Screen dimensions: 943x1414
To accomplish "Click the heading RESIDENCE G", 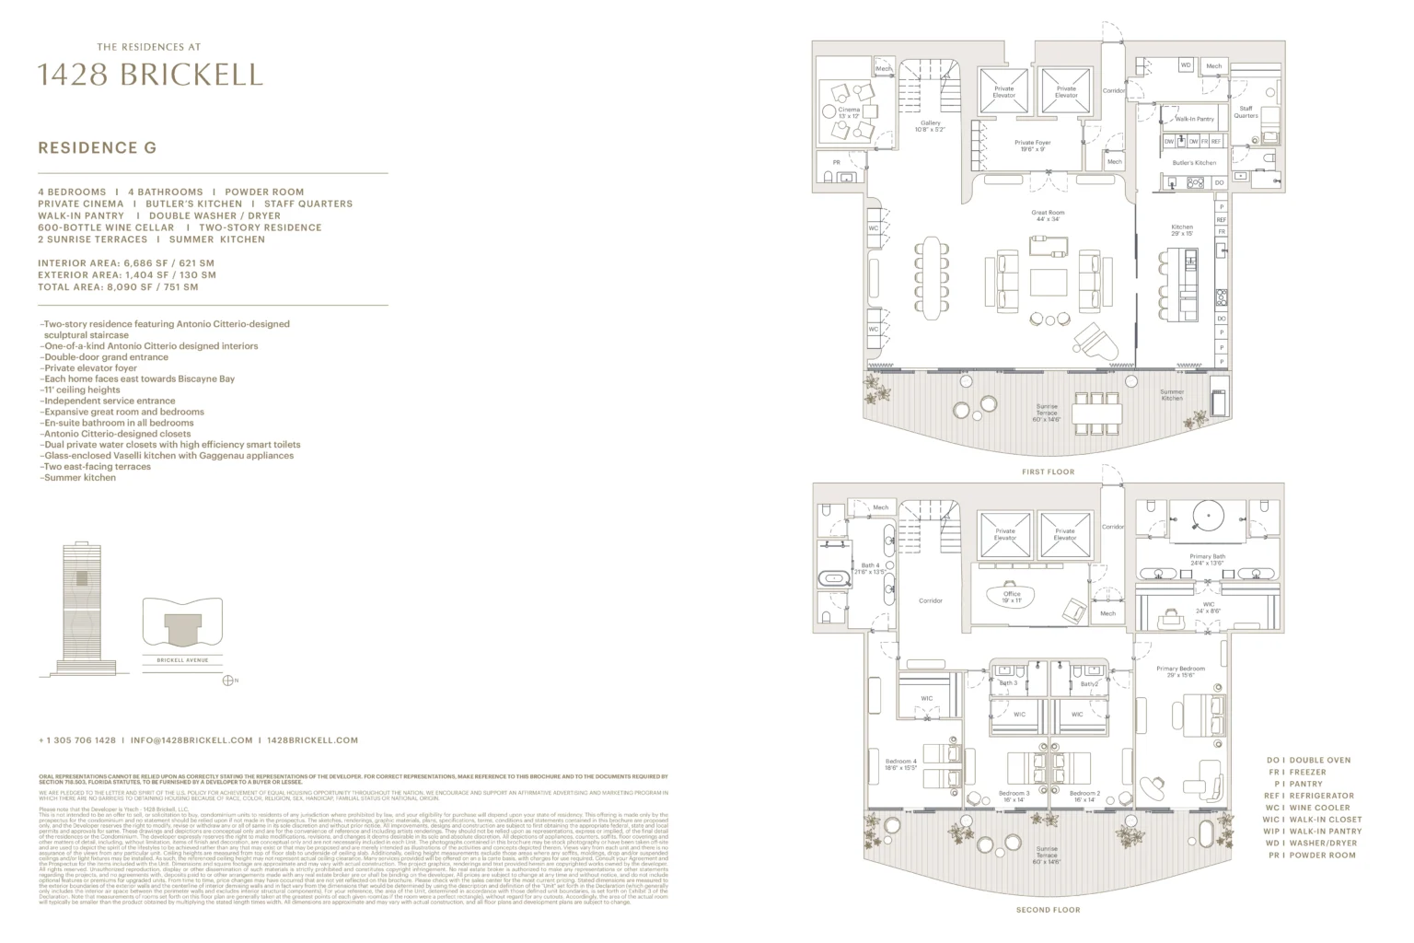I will point(97,147).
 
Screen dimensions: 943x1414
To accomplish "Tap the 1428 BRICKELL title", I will point(150,75).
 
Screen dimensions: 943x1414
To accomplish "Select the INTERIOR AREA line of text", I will point(125,263).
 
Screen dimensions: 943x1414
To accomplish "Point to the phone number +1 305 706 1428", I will point(77,739).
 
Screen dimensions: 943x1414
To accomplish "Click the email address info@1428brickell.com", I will point(191,739).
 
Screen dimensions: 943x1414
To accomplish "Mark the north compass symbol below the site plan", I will point(228,681).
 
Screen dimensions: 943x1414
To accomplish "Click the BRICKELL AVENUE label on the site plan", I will point(182,660).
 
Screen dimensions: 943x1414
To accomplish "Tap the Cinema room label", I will point(849,112).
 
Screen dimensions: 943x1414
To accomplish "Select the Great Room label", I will point(1048,215).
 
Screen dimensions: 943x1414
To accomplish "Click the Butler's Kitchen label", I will point(1194,163).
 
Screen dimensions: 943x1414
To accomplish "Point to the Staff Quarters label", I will point(1246,111).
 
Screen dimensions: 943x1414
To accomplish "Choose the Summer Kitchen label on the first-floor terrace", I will point(1172,395).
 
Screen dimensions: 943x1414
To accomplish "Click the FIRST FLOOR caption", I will point(1048,471).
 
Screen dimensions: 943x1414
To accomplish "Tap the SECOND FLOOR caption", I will point(1048,910).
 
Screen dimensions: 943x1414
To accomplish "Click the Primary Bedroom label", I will point(1180,671).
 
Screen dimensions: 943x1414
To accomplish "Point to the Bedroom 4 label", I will point(900,764).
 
